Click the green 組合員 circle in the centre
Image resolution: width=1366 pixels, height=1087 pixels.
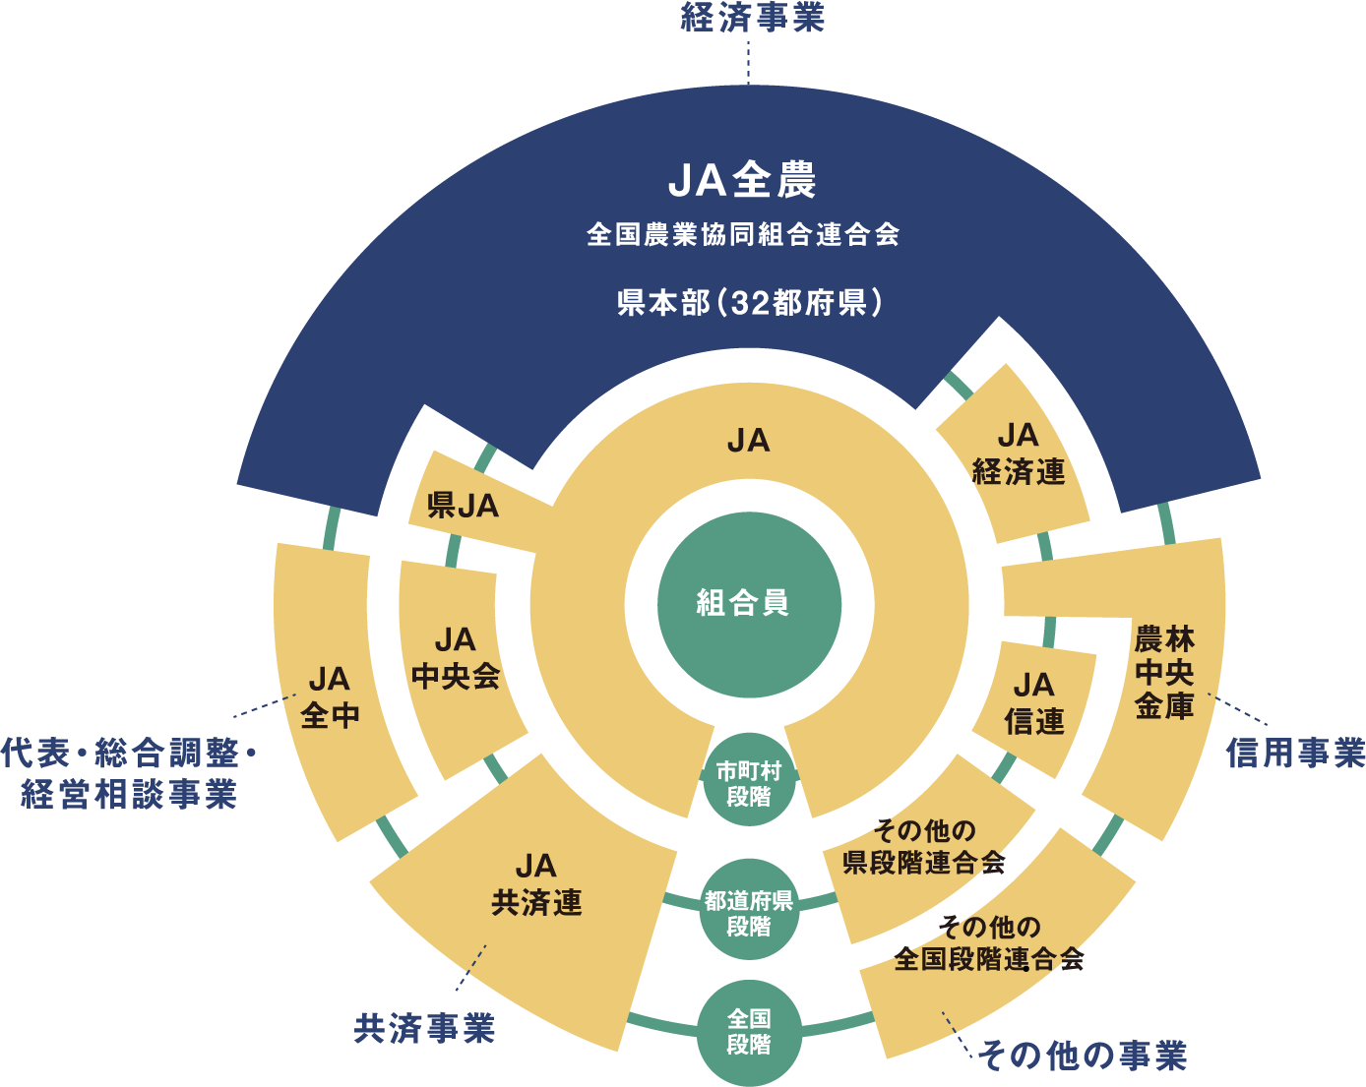coord(749,603)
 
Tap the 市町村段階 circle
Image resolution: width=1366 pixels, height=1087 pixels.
coord(749,784)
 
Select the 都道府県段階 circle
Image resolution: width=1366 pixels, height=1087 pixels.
coord(749,913)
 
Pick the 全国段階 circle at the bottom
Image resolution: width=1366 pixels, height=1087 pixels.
coord(749,1032)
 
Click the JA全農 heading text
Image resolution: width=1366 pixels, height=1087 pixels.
coord(743,181)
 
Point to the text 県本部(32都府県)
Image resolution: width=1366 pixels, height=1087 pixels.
coord(749,302)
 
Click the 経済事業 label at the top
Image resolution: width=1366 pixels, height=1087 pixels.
coord(752,18)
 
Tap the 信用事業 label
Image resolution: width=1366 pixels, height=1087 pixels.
coord(1295,754)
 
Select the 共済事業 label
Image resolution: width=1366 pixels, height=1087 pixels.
coord(424,1029)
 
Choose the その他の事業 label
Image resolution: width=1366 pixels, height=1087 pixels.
coord(1083,1056)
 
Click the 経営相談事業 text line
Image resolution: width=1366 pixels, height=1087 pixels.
coord(129,794)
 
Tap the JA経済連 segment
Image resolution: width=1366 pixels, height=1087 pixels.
coord(1018,454)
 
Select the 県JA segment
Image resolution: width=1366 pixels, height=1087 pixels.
coord(463,506)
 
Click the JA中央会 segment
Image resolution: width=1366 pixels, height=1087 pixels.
coord(455,658)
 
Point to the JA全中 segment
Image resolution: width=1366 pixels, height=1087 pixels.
coord(330,697)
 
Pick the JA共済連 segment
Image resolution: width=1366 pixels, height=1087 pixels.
coord(536,884)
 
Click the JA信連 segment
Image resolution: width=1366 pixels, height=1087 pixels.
coord(1033,703)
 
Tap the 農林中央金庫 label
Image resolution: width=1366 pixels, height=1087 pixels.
coord(1164,672)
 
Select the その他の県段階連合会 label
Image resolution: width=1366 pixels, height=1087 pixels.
coord(923,847)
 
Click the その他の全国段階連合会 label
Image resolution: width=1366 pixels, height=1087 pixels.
coord(988,942)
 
